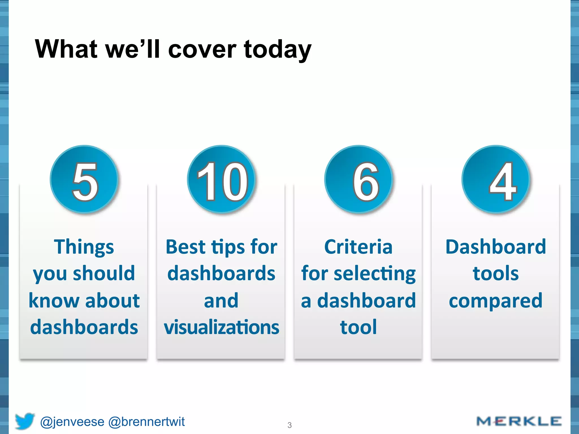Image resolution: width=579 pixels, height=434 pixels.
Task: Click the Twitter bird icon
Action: (x=25, y=421)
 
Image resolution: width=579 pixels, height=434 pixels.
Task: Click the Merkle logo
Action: (x=518, y=421)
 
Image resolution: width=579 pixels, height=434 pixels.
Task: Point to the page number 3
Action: (x=289, y=425)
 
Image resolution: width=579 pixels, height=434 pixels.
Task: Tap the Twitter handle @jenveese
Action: (x=72, y=422)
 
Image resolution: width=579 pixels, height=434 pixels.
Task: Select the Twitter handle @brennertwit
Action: (x=146, y=422)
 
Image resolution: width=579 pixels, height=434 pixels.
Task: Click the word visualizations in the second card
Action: (x=221, y=327)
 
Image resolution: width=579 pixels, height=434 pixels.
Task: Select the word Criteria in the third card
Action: (x=358, y=247)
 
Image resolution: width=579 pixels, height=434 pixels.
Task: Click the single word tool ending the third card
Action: (x=358, y=327)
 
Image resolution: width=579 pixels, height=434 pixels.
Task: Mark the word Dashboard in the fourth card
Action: (x=496, y=247)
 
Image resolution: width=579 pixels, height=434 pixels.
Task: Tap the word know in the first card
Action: (x=54, y=300)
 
